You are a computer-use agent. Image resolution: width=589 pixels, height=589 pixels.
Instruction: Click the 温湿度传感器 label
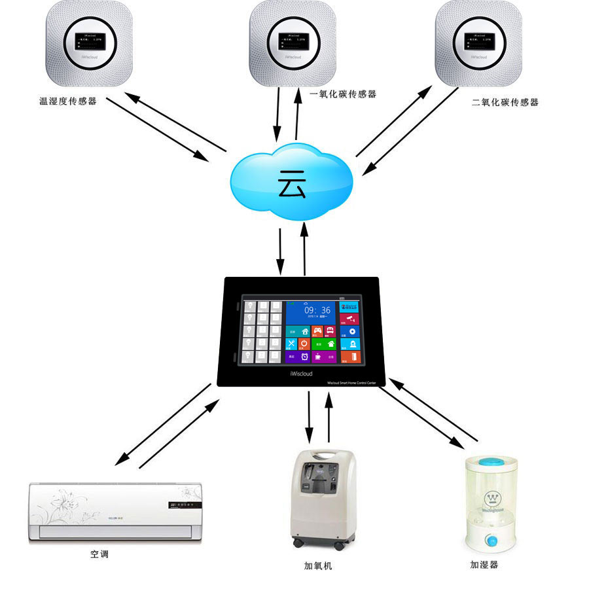point(68,101)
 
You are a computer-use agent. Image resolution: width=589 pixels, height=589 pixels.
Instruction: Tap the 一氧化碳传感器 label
point(343,94)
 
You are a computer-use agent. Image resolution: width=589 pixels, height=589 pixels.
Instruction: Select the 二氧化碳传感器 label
point(505,103)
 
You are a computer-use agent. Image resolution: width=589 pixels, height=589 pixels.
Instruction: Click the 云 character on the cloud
point(291,184)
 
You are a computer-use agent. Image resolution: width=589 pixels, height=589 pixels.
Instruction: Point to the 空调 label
point(99,554)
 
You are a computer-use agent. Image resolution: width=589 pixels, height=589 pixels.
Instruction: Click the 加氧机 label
point(318,565)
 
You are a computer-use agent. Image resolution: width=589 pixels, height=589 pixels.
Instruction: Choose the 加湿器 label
point(488,564)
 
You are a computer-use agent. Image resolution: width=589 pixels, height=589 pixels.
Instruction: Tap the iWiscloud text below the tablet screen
point(300,374)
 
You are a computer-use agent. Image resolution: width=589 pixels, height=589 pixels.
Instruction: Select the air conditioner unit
point(116,512)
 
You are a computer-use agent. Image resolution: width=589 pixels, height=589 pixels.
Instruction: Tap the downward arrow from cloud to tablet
point(280,252)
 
